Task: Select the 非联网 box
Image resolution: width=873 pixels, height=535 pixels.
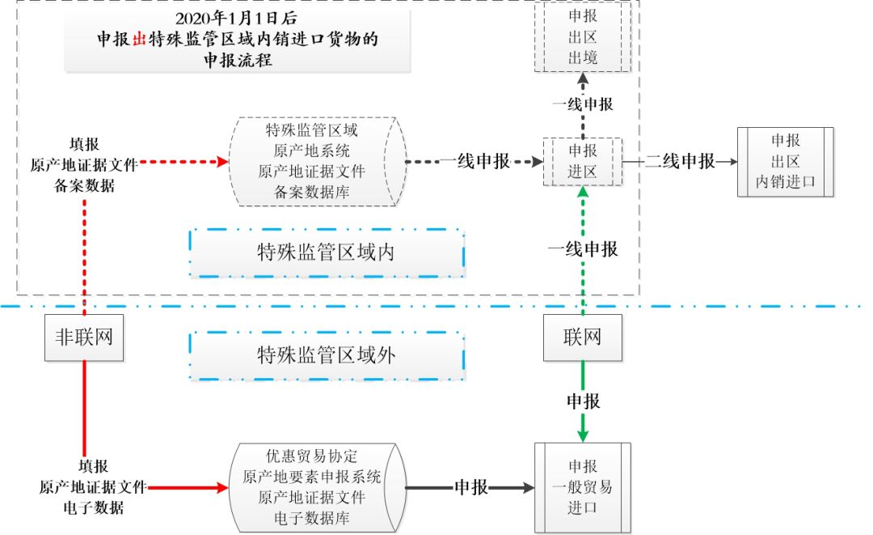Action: coord(84,336)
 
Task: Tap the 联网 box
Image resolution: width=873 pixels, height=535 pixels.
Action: coord(582,336)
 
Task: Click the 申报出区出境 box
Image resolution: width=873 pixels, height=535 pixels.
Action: coord(582,37)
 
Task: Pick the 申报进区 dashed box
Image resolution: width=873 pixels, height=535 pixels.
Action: coord(582,162)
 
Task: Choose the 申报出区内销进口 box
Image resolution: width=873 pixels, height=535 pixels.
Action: coord(785,162)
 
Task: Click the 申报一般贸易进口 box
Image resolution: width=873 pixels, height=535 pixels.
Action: coord(582,487)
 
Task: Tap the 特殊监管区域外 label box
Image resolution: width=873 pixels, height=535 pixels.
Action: coord(327,355)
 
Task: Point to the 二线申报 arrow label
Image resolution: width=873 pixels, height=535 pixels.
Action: coord(681,161)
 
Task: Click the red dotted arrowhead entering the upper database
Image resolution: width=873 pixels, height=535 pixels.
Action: coord(224,162)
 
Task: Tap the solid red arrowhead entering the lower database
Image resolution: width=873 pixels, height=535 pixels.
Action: coord(224,488)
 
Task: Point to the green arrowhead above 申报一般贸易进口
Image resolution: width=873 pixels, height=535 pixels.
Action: coord(582,435)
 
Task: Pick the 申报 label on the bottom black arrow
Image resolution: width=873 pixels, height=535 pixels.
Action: coord(470,487)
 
